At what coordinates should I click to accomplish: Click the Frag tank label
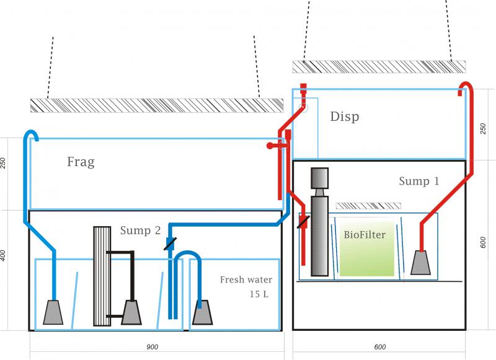pyautogui.click(x=81, y=162)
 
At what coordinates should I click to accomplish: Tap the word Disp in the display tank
pyautogui.click(x=344, y=116)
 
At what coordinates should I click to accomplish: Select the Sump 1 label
pyautogui.click(x=419, y=182)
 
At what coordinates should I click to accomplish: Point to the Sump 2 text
pyautogui.click(x=141, y=230)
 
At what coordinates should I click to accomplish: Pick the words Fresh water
pyautogui.click(x=246, y=280)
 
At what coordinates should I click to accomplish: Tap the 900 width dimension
pyautogui.click(x=152, y=348)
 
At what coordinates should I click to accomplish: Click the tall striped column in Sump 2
pyautogui.click(x=101, y=276)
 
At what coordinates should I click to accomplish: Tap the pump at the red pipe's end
pyautogui.click(x=422, y=263)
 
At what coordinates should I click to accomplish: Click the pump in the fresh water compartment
pyautogui.click(x=203, y=313)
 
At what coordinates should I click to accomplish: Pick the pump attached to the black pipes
pyautogui.click(x=131, y=313)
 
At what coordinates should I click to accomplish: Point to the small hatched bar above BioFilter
pyautogui.click(x=368, y=204)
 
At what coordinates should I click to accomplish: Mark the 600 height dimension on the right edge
pyautogui.click(x=484, y=244)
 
